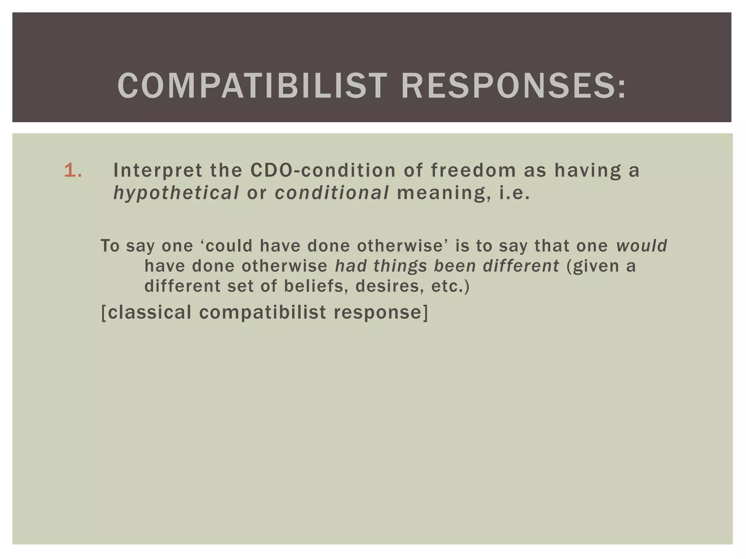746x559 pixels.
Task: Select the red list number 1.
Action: tap(73, 170)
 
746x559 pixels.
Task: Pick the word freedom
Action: tap(473, 170)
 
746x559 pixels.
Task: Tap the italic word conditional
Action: tap(332, 193)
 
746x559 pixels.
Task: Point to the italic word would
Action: tap(641, 246)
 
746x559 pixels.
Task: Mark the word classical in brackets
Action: tap(149, 312)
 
